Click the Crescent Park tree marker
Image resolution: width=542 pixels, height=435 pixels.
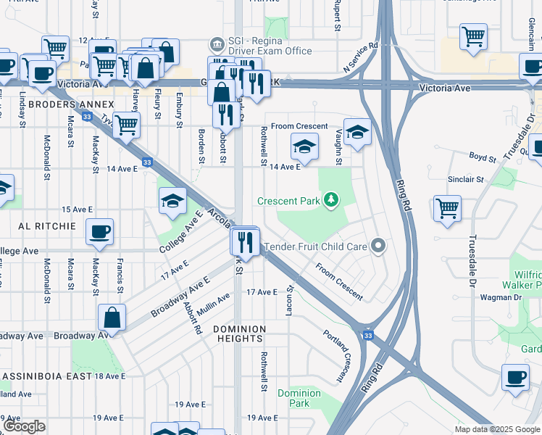click(331, 199)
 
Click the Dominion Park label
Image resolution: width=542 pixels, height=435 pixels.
click(299, 398)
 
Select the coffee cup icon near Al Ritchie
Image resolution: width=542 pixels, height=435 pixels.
click(99, 232)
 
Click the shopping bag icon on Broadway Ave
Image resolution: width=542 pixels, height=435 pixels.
click(112, 317)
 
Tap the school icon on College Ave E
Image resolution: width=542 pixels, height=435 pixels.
click(172, 201)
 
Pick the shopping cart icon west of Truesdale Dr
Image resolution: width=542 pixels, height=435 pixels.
click(447, 208)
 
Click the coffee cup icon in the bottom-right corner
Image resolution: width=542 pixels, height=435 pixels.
click(515, 377)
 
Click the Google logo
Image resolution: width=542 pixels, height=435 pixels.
click(23, 426)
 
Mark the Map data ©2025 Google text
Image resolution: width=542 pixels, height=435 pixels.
click(497, 429)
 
